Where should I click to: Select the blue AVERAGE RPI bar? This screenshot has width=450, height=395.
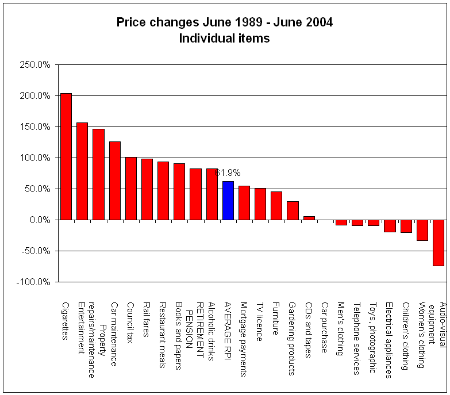click(x=228, y=201)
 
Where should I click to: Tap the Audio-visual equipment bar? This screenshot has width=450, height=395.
click(x=439, y=243)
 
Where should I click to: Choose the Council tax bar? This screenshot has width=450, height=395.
click(x=131, y=189)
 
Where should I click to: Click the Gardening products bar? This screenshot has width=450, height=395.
click(x=293, y=210)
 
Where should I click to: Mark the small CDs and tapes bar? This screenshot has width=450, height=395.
click(x=309, y=218)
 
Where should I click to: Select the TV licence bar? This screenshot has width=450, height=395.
click(x=260, y=204)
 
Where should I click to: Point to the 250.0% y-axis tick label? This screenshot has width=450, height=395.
click(x=36, y=65)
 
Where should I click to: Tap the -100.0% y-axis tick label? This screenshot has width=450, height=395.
click(x=34, y=282)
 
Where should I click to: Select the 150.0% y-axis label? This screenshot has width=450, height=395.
click(x=36, y=127)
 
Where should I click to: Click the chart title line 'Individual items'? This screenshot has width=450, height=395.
click(x=224, y=39)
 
